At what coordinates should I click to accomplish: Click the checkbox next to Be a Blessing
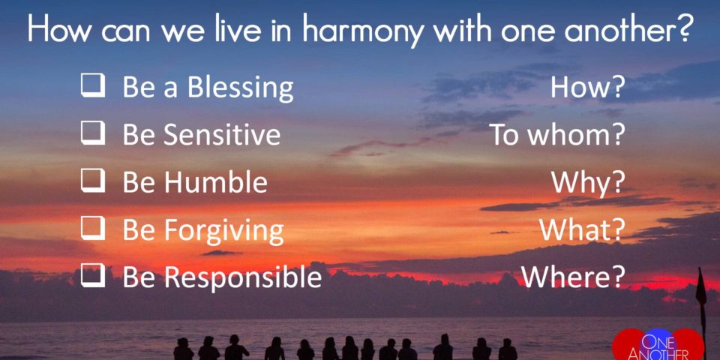[93, 86]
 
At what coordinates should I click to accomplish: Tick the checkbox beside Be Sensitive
[93, 133]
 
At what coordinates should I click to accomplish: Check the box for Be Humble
[93, 181]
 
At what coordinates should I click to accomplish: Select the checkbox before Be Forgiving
[93, 229]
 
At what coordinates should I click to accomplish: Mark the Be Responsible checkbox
[93, 277]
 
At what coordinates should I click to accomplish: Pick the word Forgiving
[224, 231]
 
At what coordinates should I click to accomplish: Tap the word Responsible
[243, 277]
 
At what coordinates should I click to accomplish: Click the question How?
[587, 87]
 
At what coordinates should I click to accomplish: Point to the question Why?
[588, 183]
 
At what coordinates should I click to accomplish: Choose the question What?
[583, 229]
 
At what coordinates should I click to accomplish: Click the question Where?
[573, 277]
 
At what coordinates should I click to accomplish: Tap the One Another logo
[658, 345]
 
